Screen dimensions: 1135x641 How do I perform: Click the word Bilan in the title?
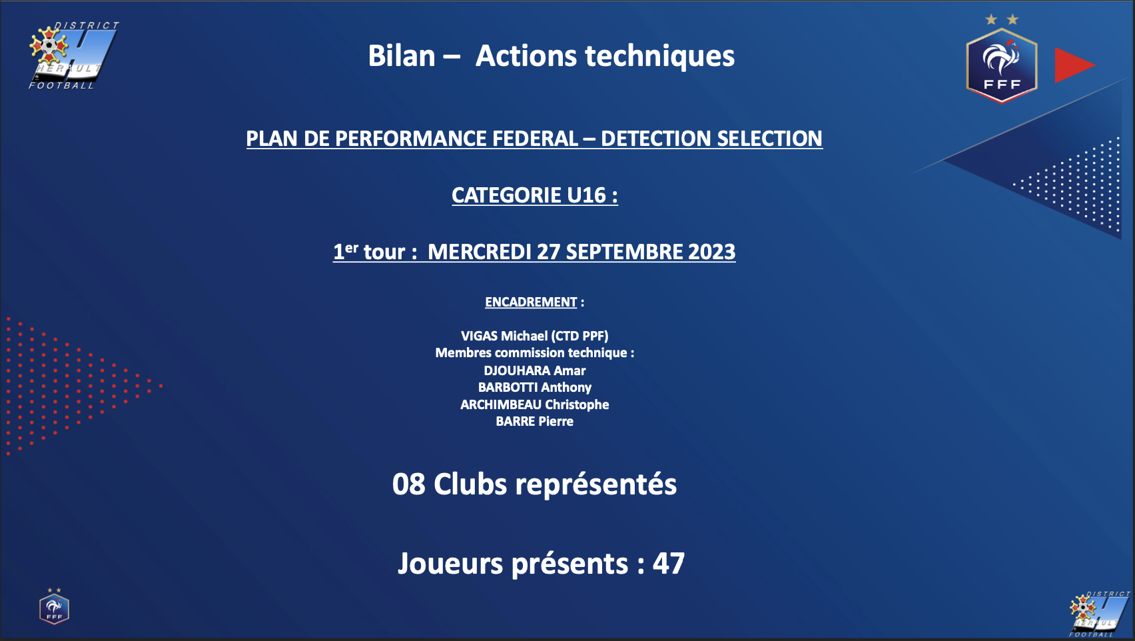point(401,55)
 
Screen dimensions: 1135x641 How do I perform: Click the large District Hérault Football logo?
point(74,55)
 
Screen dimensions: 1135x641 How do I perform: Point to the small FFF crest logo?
point(54,606)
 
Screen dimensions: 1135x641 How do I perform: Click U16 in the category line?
point(587,196)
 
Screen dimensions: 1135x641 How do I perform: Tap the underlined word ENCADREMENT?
point(531,302)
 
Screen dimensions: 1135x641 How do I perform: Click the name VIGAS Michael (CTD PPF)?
point(535,336)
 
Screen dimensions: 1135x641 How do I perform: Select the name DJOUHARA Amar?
point(535,370)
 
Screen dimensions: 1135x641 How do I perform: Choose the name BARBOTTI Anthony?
point(535,388)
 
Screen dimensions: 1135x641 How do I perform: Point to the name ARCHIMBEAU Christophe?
point(535,404)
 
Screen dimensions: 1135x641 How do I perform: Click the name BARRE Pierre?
point(535,421)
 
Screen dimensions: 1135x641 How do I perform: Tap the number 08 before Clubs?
point(408,484)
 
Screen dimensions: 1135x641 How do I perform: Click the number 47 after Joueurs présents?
point(668,564)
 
